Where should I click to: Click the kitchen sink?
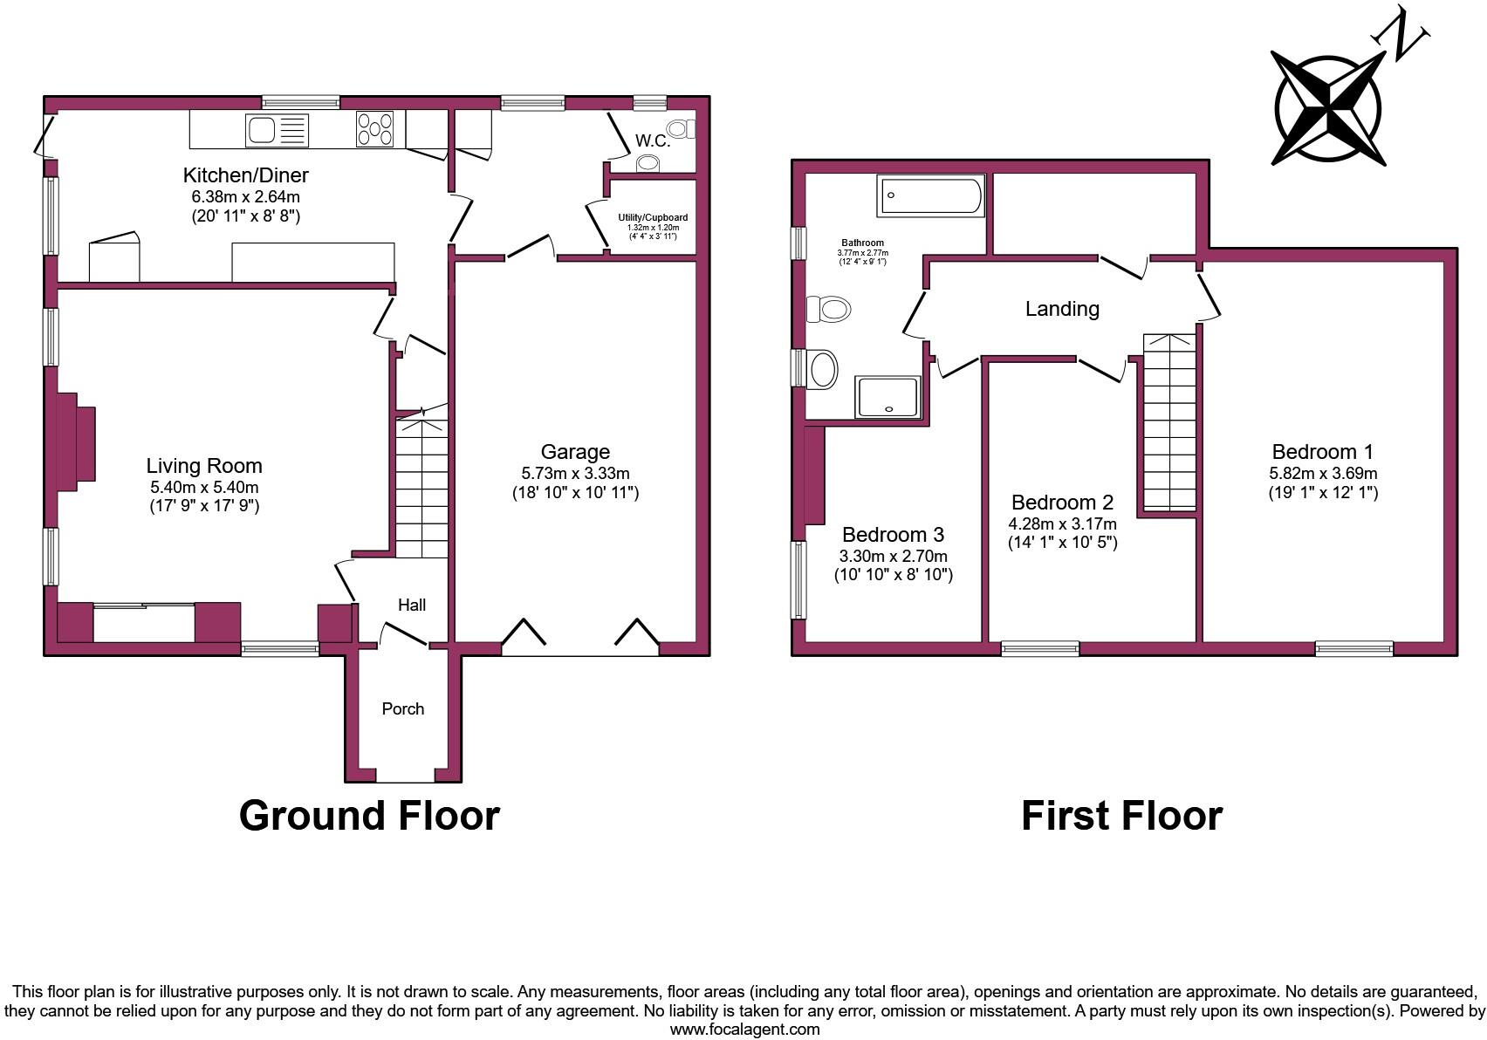pos(277,131)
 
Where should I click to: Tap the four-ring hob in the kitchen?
pos(374,129)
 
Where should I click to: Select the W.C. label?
pos(652,140)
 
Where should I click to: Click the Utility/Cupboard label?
pos(653,217)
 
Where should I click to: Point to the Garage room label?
pos(575,452)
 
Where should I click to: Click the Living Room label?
pos(204,466)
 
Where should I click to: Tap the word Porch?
pos(403,709)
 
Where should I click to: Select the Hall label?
pos(412,605)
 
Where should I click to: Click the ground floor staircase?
pos(422,489)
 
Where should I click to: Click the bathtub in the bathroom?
pos(930,195)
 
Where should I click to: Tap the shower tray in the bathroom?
pos(887,397)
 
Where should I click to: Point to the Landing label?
pos(1062,309)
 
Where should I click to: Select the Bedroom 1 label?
pos(1322,452)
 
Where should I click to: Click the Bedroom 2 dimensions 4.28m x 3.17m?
pos(1062,524)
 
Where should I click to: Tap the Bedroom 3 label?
pos(893,535)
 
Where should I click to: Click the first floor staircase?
pos(1169,423)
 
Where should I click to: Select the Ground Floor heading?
pos(369,816)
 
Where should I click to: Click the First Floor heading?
pos(1121,816)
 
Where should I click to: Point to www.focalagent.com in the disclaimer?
pos(744,1030)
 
